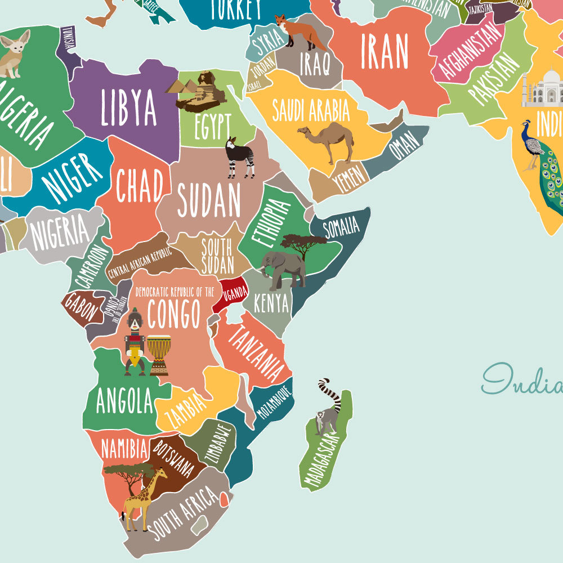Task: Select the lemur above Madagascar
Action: click(x=328, y=411)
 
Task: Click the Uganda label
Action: click(x=234, y=292)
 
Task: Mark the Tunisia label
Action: click(x=69, y=39)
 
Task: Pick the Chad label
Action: click(x=140, y=186)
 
